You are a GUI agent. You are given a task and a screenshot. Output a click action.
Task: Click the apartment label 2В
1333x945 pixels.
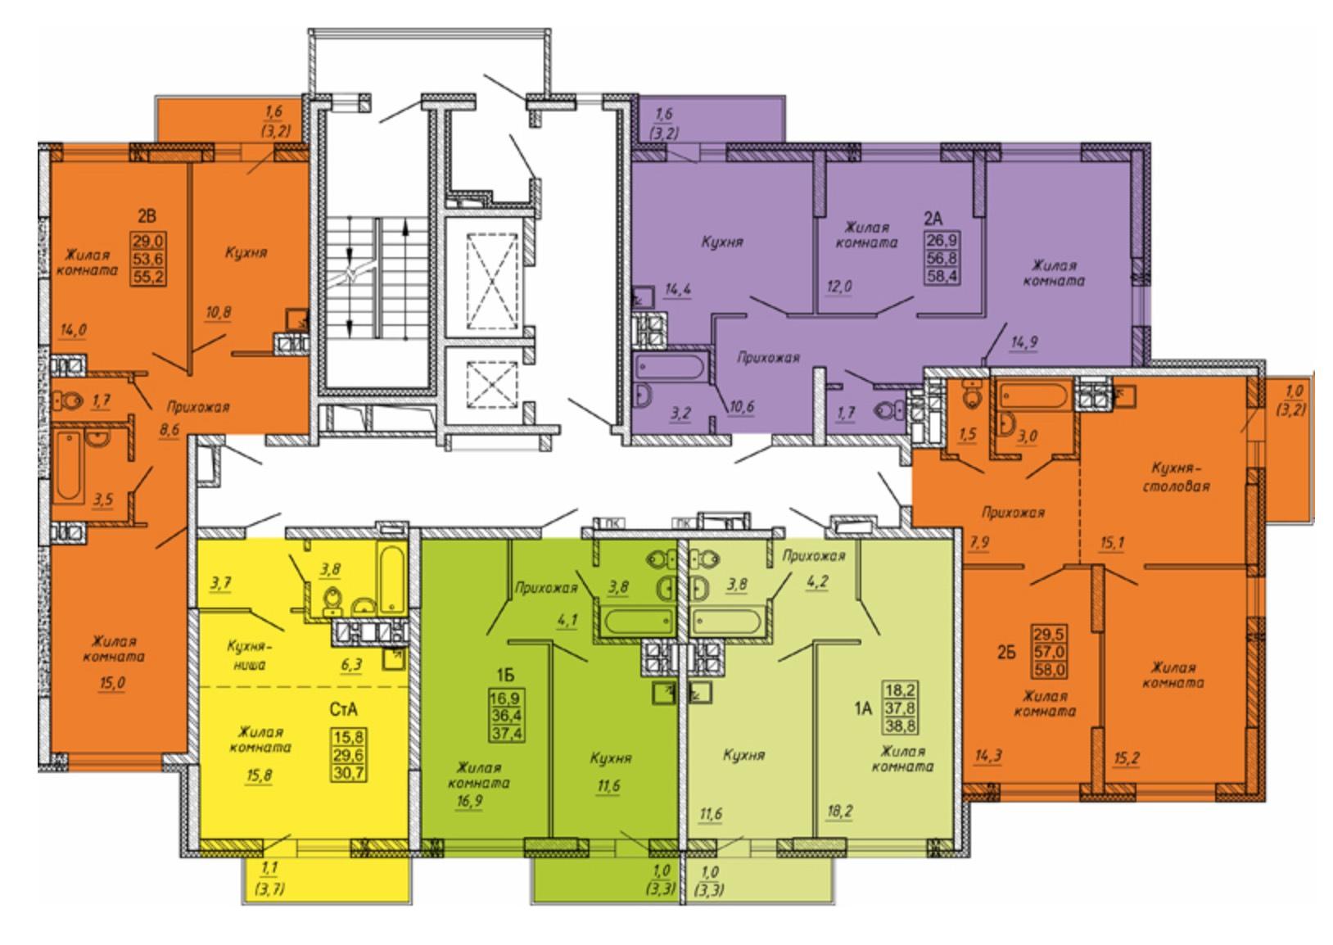[x=147, y=216]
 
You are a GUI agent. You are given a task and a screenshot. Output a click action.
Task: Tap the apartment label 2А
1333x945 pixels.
[x=933, y=219]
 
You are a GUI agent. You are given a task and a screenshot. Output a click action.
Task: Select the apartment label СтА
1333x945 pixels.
[x=344, y=710]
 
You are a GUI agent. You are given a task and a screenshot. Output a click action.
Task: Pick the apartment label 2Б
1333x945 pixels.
[x=1005, y=653]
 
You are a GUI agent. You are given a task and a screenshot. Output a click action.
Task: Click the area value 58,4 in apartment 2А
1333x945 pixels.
[x=942, y=275]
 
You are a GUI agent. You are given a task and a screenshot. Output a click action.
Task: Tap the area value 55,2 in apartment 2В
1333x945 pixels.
[x=148, y=277]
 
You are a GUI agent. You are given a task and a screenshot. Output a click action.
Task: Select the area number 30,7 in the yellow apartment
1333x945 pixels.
[x=349, y=772]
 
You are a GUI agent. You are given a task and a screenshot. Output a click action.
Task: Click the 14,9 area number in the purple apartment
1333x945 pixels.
[x=1024, y=342]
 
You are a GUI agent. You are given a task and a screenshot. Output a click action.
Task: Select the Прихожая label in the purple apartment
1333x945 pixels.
[x=768, y=358]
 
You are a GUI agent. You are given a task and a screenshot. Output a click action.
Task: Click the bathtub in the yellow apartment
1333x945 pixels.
[x=392, y=576]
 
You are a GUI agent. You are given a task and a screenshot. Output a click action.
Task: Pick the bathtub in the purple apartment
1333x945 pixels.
[x=671, y=368]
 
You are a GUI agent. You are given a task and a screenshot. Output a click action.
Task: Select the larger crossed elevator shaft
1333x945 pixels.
[x=492, y=282]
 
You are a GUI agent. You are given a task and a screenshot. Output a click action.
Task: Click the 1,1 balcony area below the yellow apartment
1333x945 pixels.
[x=269, y=869]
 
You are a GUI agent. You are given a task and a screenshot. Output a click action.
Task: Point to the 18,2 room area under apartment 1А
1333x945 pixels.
[x=839, y=812]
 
